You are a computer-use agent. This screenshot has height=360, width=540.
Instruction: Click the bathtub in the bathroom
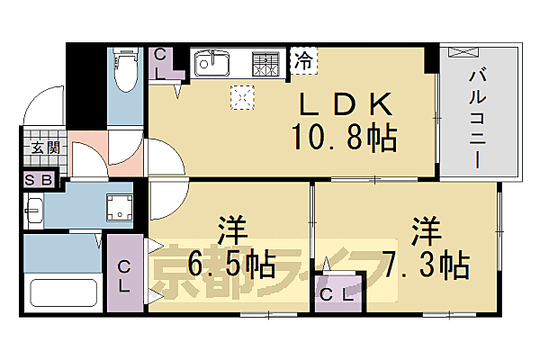63,292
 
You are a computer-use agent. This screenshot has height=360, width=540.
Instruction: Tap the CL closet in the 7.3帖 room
338,293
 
